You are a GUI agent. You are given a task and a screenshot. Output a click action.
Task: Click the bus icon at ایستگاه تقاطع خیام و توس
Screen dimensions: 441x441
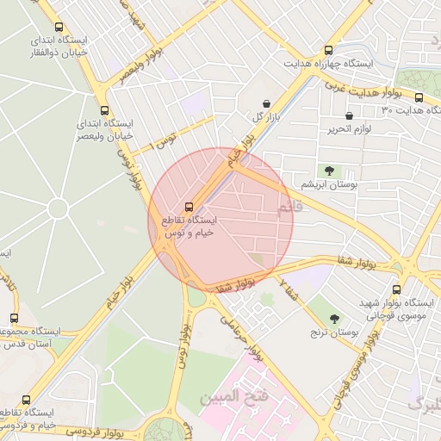[189, 207]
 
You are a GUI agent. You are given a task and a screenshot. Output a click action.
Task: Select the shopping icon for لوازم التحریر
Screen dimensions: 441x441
[349, 115]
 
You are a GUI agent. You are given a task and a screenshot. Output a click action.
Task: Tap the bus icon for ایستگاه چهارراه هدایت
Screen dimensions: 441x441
[328, 50]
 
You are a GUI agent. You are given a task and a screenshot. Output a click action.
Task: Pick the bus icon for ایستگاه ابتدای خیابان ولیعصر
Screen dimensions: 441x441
[104, 110]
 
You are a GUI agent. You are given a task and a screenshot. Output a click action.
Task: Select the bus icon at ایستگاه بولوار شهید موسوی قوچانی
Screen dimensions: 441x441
[396, 289]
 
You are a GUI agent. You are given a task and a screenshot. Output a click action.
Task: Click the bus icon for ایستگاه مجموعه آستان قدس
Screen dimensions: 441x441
[13, 318]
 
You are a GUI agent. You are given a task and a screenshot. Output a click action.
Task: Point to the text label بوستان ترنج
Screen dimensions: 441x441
[336, 332]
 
